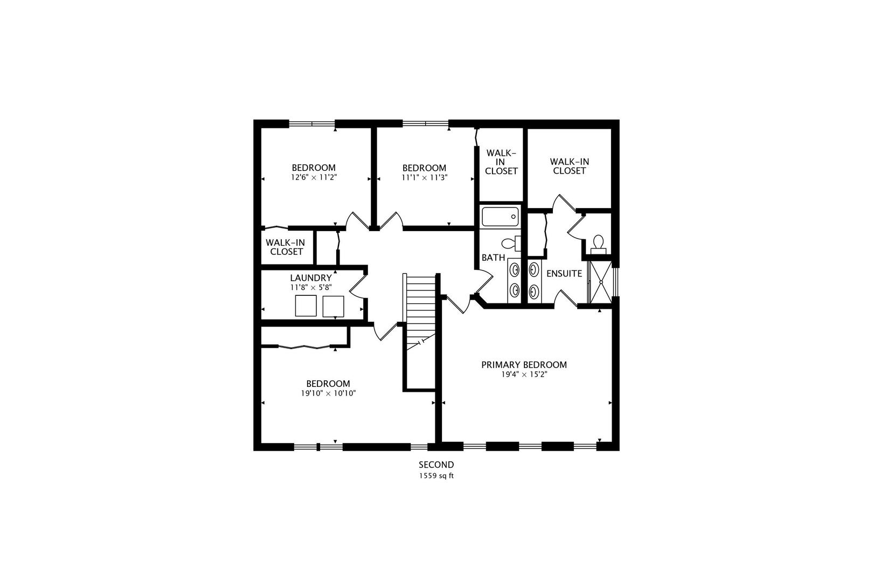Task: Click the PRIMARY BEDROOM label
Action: (524, 365)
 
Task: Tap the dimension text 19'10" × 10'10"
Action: (328, 393)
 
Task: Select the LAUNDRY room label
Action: (311, 278)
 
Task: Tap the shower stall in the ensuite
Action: (599, 283)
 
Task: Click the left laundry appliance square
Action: (306, 306)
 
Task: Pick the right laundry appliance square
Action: (333, 306)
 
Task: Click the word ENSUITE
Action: (564, 274)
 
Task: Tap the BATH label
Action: (493, 258)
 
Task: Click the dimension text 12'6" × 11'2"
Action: (314, 177)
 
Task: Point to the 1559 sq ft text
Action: (436, 476)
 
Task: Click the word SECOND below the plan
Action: (436, 465)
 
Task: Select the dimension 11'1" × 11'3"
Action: (425, 177)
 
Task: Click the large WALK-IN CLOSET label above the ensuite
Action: (569, 166)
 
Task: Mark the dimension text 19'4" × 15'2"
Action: (524, 375)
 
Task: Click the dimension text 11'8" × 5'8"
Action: (311, 288)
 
